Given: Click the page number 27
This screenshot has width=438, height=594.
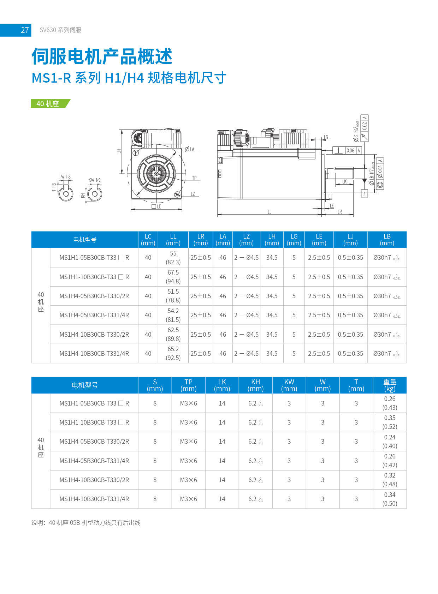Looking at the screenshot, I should pos(24,30).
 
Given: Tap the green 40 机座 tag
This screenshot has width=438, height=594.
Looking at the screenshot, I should pos(48,103).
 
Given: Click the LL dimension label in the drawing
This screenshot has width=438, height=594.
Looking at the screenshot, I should pos(269,212).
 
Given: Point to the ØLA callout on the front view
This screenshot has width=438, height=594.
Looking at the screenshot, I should pos(190,149).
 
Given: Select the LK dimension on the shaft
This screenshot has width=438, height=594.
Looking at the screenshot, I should pos(344,182).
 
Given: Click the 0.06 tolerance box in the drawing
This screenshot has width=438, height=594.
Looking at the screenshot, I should pos(350,150).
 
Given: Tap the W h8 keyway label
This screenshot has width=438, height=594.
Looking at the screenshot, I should pos(65,177).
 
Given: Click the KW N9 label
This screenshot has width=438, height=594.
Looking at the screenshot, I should pos(94,180).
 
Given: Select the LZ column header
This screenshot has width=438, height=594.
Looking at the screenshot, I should pos(246,240).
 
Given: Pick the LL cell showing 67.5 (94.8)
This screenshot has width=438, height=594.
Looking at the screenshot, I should pos(173,277).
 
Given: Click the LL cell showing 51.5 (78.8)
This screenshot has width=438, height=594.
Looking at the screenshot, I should pos(173,296).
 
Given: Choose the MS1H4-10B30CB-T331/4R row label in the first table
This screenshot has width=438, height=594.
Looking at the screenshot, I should pos(94,353).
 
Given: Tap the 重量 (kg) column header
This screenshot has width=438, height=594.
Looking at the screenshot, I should pos(390,385).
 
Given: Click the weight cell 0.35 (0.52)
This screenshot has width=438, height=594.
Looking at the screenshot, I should pos(390,422).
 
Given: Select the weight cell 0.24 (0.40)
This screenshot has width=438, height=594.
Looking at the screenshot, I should pos(390,442).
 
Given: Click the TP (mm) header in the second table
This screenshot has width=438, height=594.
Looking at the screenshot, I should pos(188,385).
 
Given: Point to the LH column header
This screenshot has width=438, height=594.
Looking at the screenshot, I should pos(272,240).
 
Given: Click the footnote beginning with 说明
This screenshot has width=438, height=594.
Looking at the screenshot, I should pos(86,523).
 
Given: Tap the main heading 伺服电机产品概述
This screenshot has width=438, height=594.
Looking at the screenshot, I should pos(102,56).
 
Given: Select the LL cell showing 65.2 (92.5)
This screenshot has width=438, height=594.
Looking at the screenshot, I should pos(173,353).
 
